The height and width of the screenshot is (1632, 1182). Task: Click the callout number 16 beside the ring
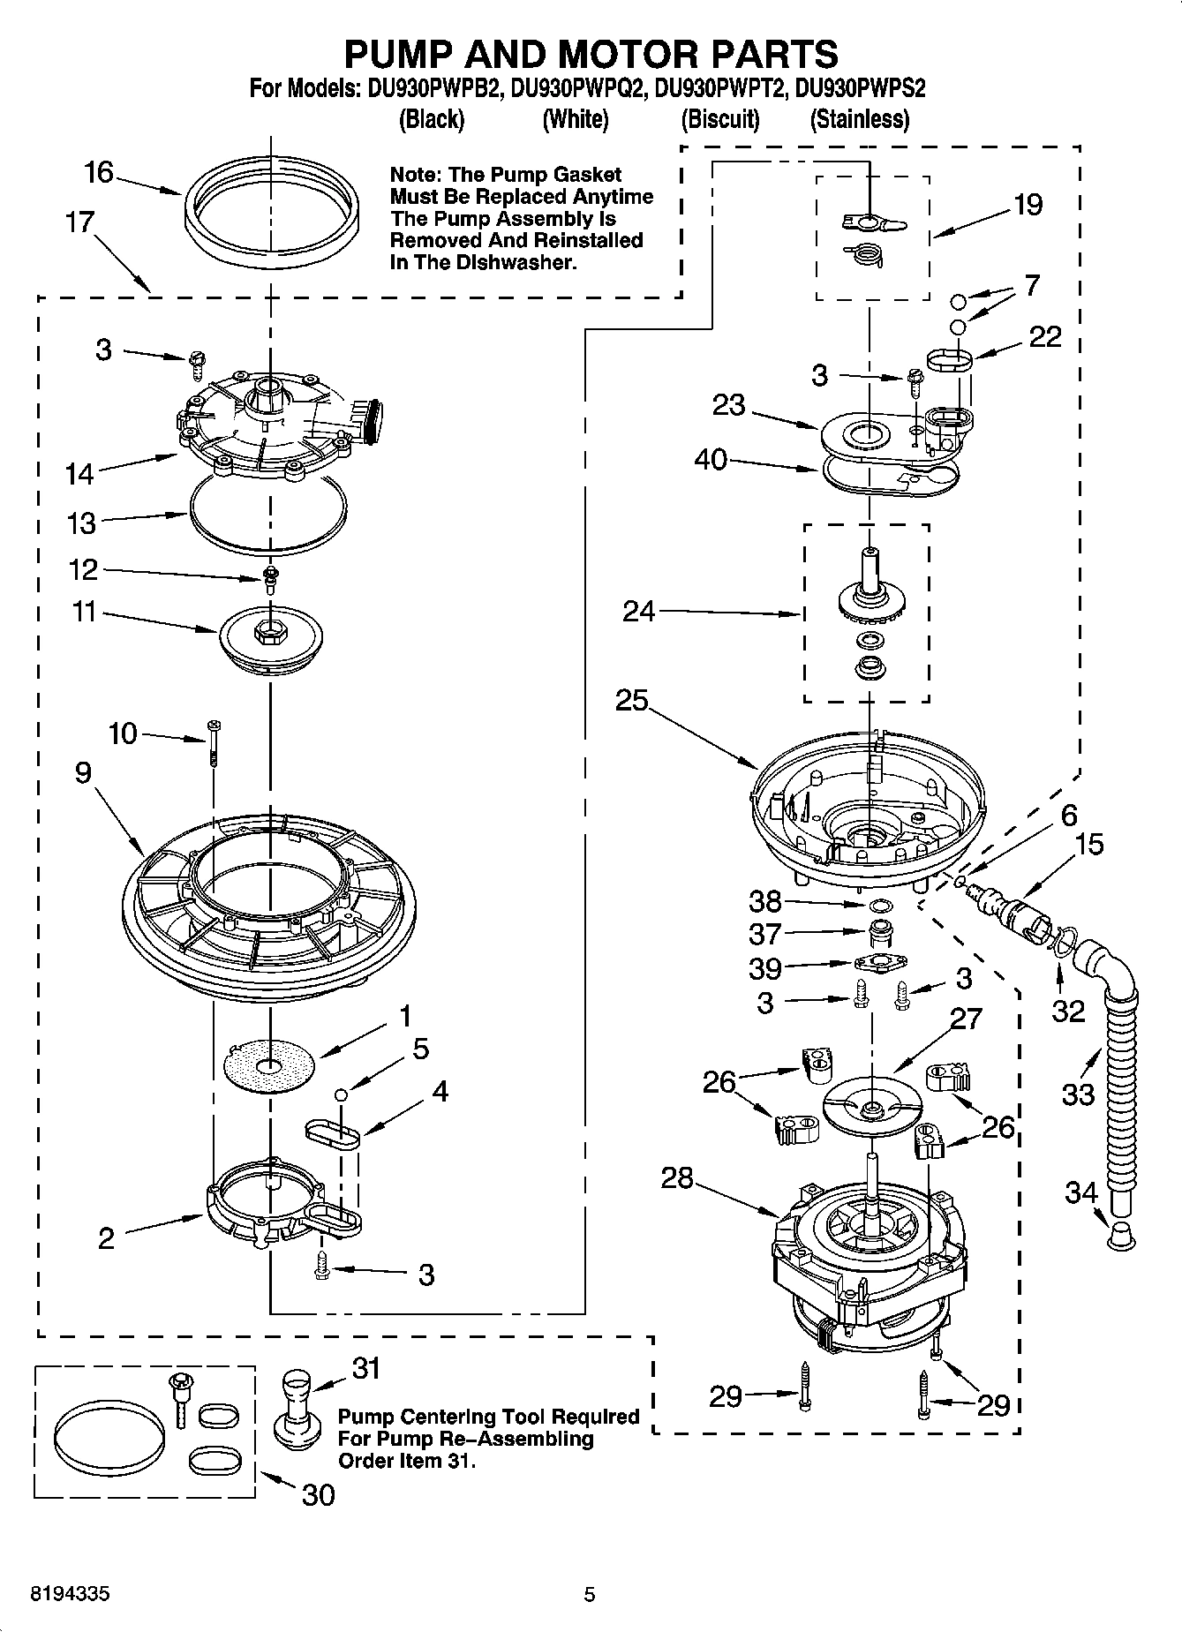click(99, 172)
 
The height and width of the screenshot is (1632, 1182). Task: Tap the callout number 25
click(632, 700)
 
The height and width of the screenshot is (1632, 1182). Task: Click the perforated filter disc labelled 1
click(269, 1066)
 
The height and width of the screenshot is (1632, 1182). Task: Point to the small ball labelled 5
click(340, 1094)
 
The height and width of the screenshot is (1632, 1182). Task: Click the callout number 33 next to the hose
click(1079, 1095)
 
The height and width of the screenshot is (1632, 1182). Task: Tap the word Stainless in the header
click(860, 119)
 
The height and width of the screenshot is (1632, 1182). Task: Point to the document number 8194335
click(71, 1595)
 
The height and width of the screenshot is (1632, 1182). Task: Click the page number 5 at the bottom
click(590, 1595)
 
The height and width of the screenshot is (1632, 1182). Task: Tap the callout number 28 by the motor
click(676, 1178)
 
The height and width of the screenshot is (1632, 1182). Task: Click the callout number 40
click(711, 459)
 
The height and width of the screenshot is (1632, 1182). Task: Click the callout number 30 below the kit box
click(318, 1495)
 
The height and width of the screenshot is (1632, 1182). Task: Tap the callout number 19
click(1028, 205)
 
